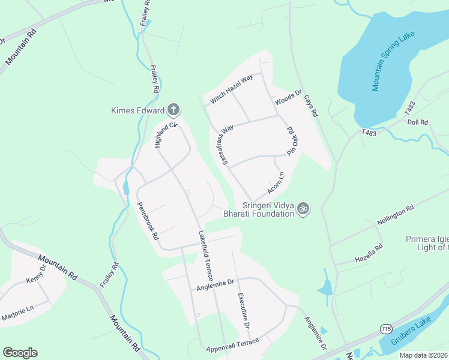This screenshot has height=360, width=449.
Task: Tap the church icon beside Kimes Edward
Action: pyautogui.click(x=173, y=110)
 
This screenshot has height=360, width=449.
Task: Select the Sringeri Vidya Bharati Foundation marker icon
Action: pyautogui.click(x=304, y=208)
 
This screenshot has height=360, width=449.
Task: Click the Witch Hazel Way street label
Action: pyautogui.click(x=231, y=90)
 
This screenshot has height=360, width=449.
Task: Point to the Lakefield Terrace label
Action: pyautogui.click(x=205, y=256)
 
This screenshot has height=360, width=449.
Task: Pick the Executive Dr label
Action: pyautogui.click(x=243, y=310)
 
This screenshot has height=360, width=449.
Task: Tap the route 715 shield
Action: pyautogui.click(x=386, y=329)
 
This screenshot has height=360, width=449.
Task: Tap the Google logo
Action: pyautogui.click(x=20, y=353)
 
